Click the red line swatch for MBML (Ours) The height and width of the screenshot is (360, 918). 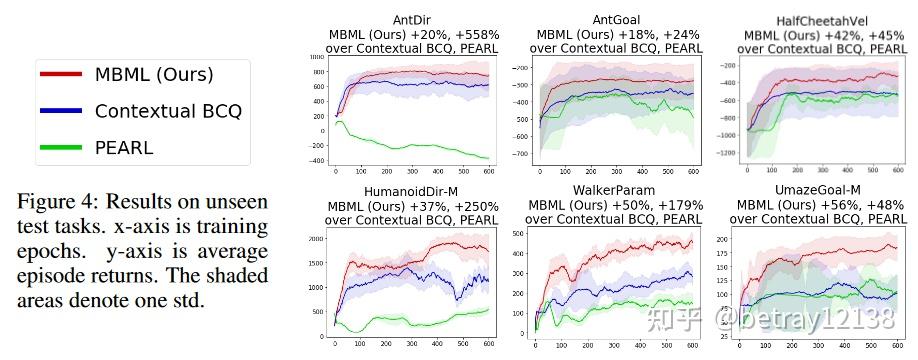click(59, 74)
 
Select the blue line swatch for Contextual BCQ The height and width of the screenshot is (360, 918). click(59, 111)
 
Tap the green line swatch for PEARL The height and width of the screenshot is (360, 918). click(59, 148)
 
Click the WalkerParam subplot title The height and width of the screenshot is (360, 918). click(615, 190)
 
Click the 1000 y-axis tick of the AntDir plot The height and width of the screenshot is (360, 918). click(319, 58)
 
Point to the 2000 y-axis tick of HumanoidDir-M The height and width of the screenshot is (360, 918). click(319, 239)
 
